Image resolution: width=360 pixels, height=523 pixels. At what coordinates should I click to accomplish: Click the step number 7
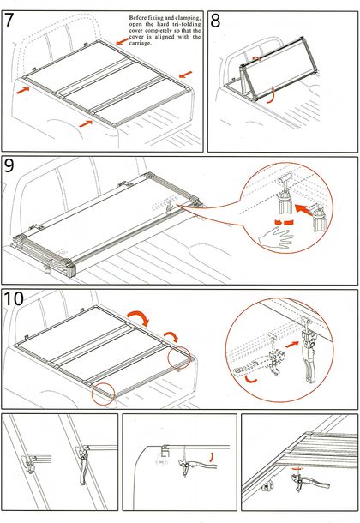coord(9,20)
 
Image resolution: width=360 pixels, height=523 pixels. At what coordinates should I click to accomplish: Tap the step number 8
coord(216,21)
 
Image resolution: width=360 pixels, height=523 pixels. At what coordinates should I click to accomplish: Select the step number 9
coord(9,165)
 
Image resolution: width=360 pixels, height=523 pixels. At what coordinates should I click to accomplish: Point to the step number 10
coord(14,298)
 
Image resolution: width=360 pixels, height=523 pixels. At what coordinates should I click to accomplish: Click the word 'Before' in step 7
coord(138,18)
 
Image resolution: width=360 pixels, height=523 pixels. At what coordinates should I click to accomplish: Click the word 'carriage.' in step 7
coord(141,44)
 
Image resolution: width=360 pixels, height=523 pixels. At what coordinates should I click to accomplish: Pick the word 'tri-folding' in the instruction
coord(188,24)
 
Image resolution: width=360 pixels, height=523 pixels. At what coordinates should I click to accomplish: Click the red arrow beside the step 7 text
coord(123,41)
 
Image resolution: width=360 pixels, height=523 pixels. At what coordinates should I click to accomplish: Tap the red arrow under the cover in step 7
coord(86,123)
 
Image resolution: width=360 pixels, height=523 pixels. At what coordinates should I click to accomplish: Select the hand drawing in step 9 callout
coord(276,237)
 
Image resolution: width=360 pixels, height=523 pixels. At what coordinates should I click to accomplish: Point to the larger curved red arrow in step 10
coord(138,317)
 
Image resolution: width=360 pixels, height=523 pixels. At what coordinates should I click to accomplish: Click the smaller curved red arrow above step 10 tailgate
coord(171,336)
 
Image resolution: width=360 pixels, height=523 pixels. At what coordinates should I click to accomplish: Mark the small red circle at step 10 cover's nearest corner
coord(104,394)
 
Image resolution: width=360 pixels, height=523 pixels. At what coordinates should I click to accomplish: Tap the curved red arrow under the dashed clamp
coord(251,379)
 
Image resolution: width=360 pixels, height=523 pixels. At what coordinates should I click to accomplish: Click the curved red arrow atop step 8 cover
coord(256,58)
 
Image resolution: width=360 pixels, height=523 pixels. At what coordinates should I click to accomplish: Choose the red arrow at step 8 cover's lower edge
coord(272,95)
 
